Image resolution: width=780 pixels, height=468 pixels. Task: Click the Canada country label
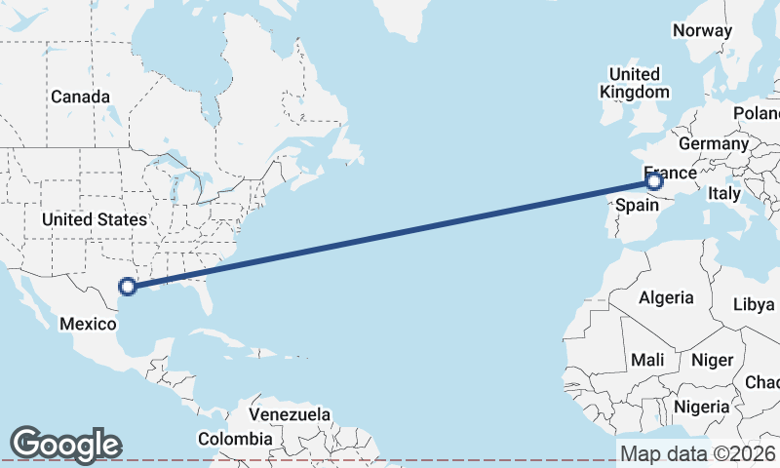pos(80,97)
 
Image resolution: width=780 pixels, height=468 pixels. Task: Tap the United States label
pos(94,219)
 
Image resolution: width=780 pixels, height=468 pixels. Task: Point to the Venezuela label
pos(291,414)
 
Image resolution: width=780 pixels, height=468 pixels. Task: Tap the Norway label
pos(702,30)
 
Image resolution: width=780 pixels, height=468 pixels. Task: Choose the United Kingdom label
pos(634,83)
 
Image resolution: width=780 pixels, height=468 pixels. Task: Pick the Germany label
pos(713,143)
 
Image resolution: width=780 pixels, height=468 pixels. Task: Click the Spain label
pos(636,205)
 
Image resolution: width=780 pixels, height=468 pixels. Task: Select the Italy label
pos(725,194)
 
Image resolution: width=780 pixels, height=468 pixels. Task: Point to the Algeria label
pos(667,297)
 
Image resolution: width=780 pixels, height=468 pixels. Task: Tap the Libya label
pos(754,304)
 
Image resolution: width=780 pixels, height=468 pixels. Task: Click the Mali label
pos(647,360)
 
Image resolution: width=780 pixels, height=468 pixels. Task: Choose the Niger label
pos(712,360)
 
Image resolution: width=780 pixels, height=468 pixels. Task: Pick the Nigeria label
pos(701,406)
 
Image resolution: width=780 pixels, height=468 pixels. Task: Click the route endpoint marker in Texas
pos(127,286)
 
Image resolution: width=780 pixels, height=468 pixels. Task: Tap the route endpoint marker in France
pos(654,180)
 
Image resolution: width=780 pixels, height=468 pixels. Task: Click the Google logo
pos(65,444)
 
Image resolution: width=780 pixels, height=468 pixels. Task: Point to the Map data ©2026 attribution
pos(697,453)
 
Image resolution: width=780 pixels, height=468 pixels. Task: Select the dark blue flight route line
pos(390,233)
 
